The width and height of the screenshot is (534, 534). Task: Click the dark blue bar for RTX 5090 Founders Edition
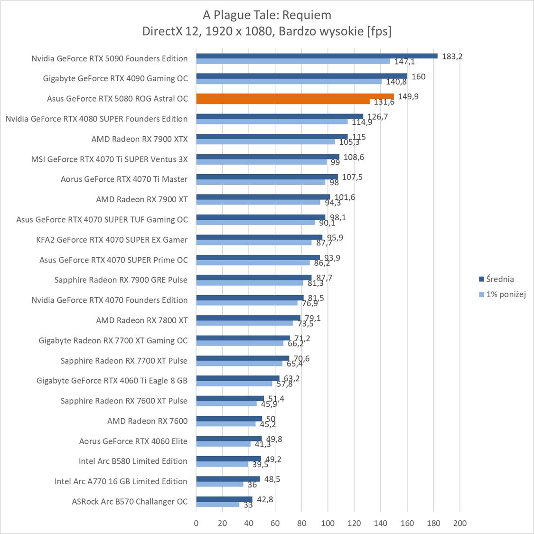(x=317, y=56)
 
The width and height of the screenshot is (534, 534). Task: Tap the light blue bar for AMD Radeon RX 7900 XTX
(x=265, y=141)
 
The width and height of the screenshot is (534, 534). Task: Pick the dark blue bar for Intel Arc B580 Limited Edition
(x=228, y=459)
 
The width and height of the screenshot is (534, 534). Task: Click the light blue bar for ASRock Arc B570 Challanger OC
(x=217, y=504)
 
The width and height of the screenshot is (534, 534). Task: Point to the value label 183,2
(x=452, y=56)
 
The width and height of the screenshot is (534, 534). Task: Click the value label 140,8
(x=396, y=82)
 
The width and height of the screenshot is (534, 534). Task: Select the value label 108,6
(x=354, y=157)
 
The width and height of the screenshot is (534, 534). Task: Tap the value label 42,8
(x=264, y=499)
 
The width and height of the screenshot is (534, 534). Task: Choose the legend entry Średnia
(x=500, y=279)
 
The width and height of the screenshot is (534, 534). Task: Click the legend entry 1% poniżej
(x=506, y=294)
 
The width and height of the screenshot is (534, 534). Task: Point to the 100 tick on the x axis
(x=328, y=523)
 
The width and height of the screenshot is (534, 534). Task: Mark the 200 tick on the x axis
(x=459, y=523)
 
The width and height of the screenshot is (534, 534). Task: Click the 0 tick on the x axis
(x=197, y=523)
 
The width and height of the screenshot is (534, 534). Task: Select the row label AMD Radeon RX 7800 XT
(x=141, y=320)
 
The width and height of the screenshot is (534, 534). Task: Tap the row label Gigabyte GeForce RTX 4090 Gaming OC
(x=115, y=78)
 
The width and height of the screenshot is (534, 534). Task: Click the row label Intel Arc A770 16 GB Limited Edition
(x=121, y=481)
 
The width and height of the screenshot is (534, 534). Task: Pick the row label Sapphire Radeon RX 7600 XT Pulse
(x=124, y=401)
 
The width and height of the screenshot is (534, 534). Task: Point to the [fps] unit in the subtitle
(x=379, y=31)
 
